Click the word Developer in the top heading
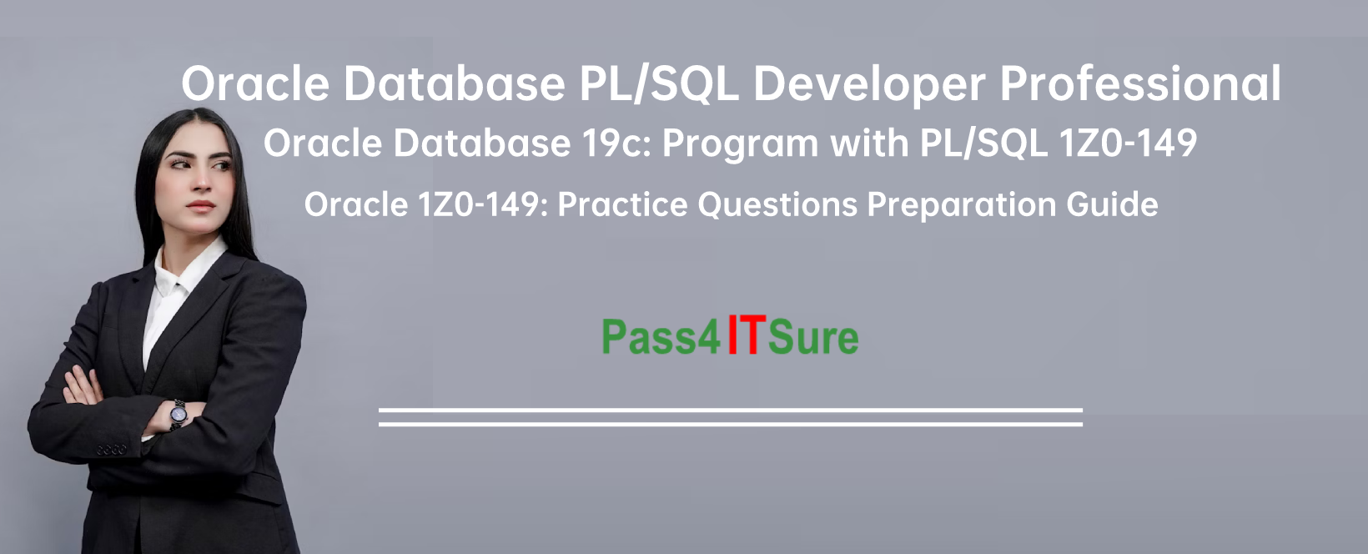pyautogui.click(x=869, y=85)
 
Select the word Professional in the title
pyautogui.click(x=1140, y=83)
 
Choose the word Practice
pyautogui.click(x=622, y=204)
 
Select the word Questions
pyautogui.click(x=777, y=204)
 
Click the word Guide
pyautogui.click(x=1112, y=204)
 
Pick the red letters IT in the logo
pyautogui.click(x=745, y=335)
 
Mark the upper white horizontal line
pyautogui.click(x=731, y=410)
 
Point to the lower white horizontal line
pyautogui.click(x=731, y=423)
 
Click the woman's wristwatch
pyautogui.click(x=179, y=414)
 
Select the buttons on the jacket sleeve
pyautogui.click(x=111, y=451)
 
